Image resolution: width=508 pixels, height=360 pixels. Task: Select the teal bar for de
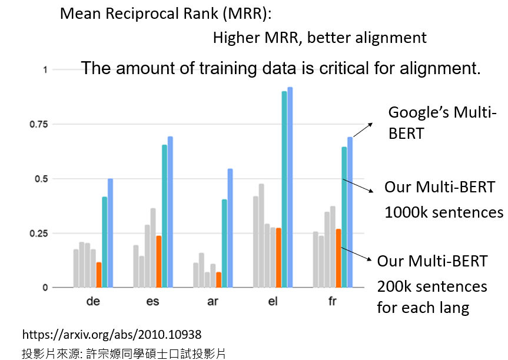coord(105,242)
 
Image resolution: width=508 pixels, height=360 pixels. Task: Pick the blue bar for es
coord(170,212)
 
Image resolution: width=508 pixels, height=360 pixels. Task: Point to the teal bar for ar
coord(224,243)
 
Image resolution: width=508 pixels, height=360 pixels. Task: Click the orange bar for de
coord(99,275)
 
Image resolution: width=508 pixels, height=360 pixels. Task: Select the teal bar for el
coord(284,189)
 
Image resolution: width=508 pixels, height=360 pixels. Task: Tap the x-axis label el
coord(273,302)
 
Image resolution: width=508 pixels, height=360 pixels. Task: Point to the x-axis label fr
coord(333,302)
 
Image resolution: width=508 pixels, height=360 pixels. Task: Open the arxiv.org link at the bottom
coord(112,335)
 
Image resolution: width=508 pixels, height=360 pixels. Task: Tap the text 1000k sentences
coord(444,212)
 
